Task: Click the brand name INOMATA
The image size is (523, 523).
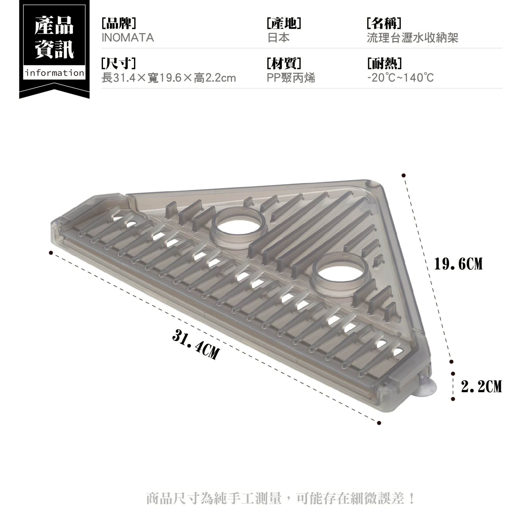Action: point(128,38)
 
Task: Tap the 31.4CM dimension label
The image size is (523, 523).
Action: point(196,344)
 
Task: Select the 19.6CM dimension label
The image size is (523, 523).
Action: point(458,264)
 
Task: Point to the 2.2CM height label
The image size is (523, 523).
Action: point(481,386)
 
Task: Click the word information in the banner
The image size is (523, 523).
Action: point(54,73)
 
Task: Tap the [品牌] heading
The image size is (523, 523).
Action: point(119,23)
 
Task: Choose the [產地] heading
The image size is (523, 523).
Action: point(284,23)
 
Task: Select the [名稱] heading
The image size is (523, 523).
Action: point(384,23)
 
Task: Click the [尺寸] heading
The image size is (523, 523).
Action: point(119,63)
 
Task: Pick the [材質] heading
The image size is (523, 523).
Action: point(284,63)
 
